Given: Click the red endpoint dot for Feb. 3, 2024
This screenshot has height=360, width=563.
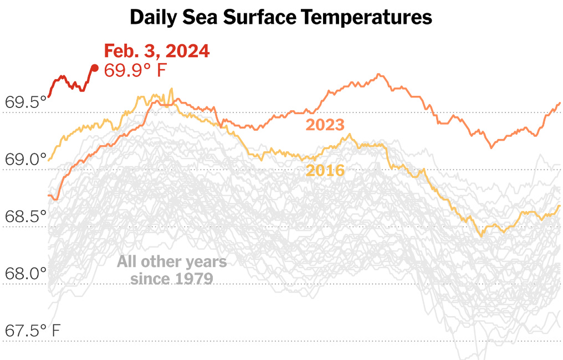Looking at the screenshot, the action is point(95,68).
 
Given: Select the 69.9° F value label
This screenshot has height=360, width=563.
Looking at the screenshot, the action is point(135,70).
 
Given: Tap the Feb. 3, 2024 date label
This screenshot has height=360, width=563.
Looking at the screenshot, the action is point(157,51).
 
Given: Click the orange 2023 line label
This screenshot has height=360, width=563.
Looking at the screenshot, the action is point(325,125).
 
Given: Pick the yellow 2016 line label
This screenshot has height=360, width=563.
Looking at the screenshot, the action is point(325,171).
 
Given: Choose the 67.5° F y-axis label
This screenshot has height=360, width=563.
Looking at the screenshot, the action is point(33,331).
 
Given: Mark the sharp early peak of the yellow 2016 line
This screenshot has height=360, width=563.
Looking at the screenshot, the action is point(171,88).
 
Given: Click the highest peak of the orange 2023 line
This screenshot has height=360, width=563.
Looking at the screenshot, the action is point(379,74).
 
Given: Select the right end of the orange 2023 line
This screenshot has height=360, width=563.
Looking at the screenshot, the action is point(560,104).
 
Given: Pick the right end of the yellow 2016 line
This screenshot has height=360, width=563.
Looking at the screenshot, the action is point(560,206).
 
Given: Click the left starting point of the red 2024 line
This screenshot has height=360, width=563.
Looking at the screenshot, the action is point(49,96).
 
